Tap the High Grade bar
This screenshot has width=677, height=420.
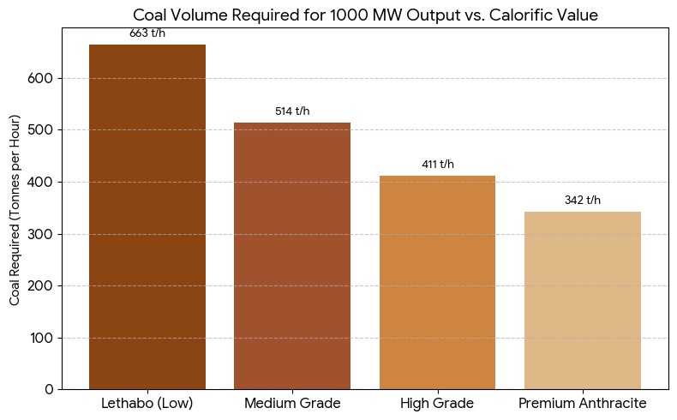pos(437,282)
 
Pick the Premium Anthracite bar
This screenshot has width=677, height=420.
pos(583,300)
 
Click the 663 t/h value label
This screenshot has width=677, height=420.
pos(147,33)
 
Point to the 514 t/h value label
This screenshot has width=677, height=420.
pos(292,111)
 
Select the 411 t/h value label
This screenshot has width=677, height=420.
pos(437,165)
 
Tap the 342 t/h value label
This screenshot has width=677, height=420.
pos(583,201)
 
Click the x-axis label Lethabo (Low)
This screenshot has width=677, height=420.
pos(147,403)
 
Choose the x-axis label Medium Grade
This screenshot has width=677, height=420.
pos(292,403)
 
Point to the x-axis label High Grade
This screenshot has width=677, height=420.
pos(437,403)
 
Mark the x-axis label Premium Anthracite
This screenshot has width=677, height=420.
pos(583,403)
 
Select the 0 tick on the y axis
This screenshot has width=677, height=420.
pos(50,390)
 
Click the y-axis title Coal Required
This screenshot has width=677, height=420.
pos(15,208)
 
